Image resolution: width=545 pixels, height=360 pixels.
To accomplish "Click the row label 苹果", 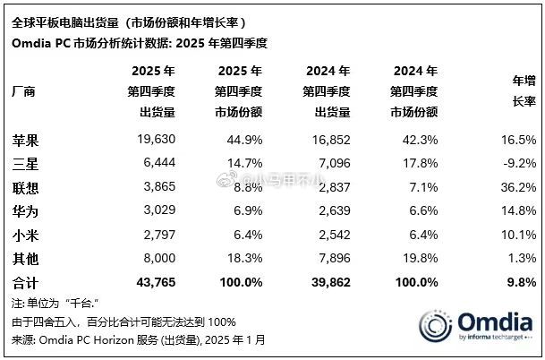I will [x=26, y=141].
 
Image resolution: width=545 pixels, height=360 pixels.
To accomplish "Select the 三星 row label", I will [x=26, y=164].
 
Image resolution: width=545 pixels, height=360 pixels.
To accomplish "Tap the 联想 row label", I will [x=26, y=187].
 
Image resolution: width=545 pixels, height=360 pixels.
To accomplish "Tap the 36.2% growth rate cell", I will [x=516, y=187].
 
